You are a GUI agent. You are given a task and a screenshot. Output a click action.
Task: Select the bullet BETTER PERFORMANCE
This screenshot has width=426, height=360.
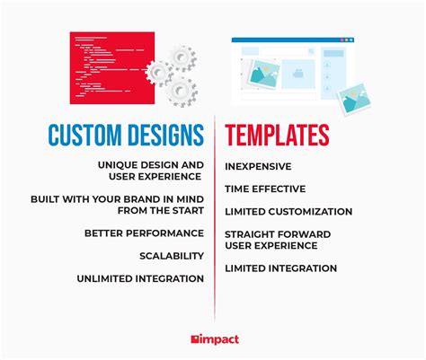click(144, 233)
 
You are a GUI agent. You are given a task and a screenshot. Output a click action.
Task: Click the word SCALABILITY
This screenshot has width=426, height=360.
click(171, 256)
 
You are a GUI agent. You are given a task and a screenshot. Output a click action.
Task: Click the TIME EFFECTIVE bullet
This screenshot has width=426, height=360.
click(265, 189)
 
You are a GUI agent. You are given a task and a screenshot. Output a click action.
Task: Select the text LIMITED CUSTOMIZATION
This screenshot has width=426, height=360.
click(288, 212)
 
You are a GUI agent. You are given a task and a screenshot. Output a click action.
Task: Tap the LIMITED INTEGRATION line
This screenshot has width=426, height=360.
click(280, 268)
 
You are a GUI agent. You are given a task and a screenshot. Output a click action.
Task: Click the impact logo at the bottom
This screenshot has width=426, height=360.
click(213, 338)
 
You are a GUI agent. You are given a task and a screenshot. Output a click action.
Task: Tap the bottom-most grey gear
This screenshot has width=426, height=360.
click(181, 89)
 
